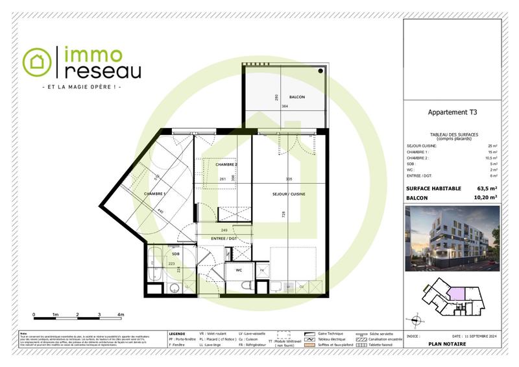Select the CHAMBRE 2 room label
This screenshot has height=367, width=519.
(226, 165)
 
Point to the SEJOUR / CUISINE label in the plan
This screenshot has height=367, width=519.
(288, 194)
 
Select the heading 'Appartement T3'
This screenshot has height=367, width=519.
(452, 112)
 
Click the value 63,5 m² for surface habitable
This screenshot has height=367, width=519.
(487, 188)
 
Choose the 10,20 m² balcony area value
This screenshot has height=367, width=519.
(486, 197)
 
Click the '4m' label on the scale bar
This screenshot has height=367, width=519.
(121, 314)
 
